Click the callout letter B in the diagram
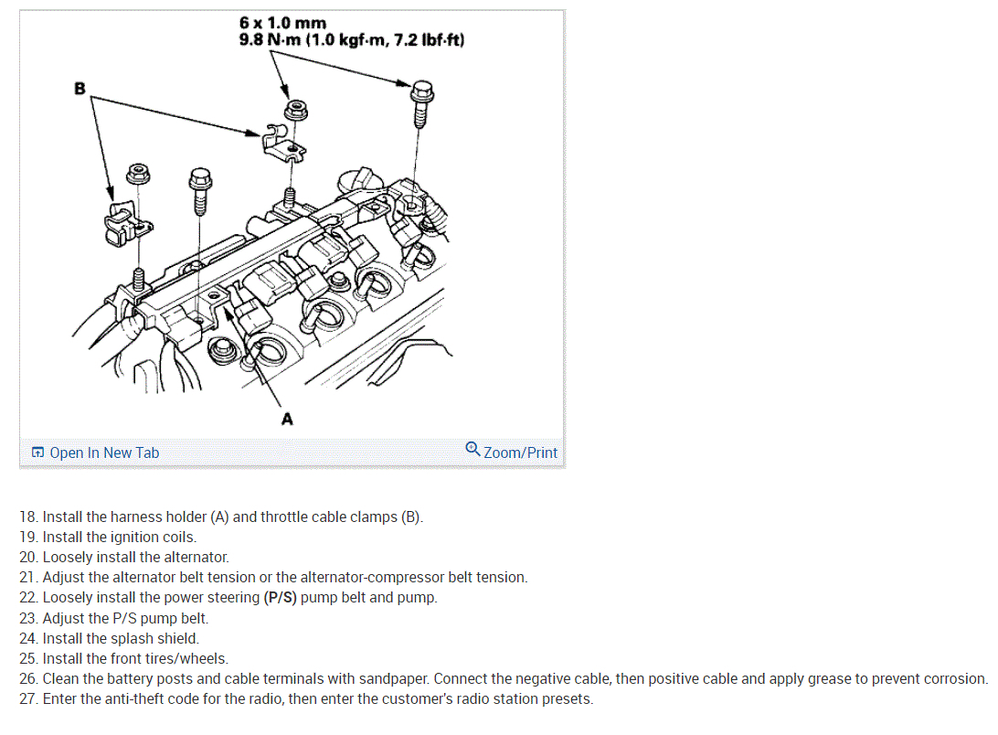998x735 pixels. pyautogui.click(x=80, y=89)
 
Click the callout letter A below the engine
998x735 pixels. pyautogui.click(x=287, y=420)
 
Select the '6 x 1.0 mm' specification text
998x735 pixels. pyautogui.click(x=282, y=22)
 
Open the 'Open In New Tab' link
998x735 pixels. pyautogui.click(x=103, y=453)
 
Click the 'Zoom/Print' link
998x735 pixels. pyautogui.click(x=520, y=453)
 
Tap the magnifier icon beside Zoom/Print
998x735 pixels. pyautogui.click(x=472, y=449)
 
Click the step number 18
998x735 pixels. pyautogui.click(x=28, y=517)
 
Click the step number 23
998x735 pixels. pyautogui.click(x=28, y=618)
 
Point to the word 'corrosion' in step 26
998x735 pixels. pyautogui.click(x=955, y=679)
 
